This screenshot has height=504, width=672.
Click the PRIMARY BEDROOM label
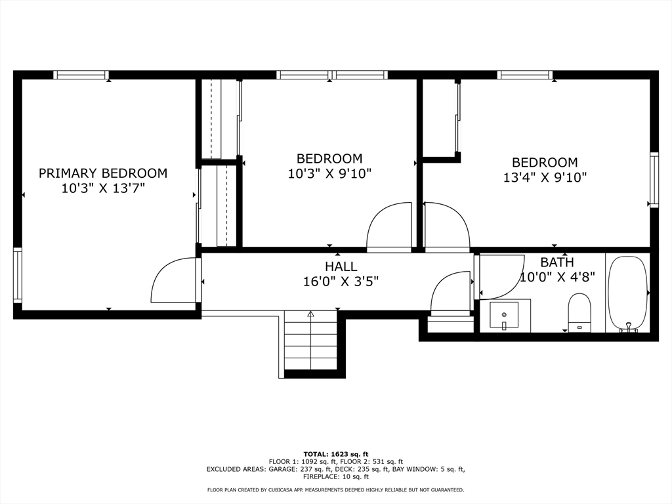pos(103,173)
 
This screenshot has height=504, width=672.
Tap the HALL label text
pos(341,266)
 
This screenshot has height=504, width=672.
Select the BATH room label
pos(556,262)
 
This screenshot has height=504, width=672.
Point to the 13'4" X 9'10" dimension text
pos(545,177)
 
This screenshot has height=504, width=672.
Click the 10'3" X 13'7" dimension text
pos(103,188)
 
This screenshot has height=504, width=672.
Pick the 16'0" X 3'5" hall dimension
pos(341,282)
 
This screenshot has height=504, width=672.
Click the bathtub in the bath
pos(628,294)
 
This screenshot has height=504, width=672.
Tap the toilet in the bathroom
pos(579,312)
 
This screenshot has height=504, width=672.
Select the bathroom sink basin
pos(504,316)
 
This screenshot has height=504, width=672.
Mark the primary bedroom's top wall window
pos(81,75)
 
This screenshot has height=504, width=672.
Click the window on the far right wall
pos(654,180)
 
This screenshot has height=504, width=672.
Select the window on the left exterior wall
pos(18,275)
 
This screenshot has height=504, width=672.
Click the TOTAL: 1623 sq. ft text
pos(336,454)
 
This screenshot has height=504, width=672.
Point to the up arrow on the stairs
pos(310,314)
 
